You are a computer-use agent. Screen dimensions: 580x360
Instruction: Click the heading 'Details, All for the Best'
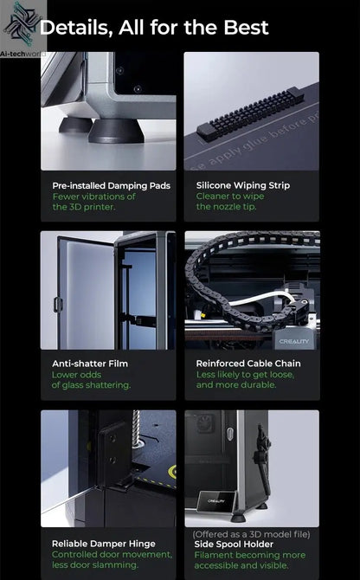pyautogui.click(x=154, y=27)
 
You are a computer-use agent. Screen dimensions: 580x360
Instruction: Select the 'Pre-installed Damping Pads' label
pyautogui.click(x=111, y=185)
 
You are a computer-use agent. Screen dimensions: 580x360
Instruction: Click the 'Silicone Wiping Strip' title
pyautogui.click(x=243, y=185)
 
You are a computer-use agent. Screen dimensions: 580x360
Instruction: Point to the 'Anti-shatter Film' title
pyautogui.click(x=90, y=364)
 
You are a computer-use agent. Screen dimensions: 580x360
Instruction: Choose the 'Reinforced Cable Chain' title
pyautogui.click(x=248, y=364)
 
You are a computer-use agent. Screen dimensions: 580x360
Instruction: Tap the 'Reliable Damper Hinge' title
pyautogui.click(x=104, y=544)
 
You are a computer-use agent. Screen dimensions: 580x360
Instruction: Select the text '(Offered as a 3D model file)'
pyautogui.click(x=251, y=534)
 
